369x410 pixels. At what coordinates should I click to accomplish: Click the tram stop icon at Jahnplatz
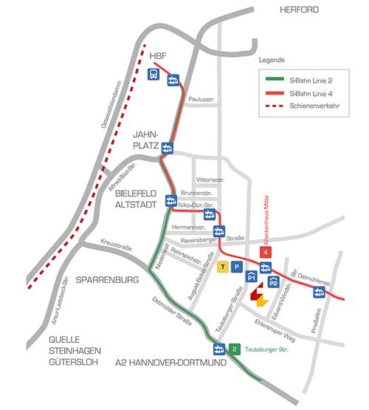pos(168,147)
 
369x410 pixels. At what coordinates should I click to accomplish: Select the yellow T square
pos(222,266)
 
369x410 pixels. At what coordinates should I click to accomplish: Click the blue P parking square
pos(236,266)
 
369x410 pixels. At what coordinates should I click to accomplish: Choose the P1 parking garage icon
pos(251,277)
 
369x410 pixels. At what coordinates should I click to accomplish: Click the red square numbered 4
pos(265,252)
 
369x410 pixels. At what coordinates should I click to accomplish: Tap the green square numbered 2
pos(234,349)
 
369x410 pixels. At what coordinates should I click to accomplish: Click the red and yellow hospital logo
pos(258,296)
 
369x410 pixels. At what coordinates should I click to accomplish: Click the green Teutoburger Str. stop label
pos(264,349)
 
